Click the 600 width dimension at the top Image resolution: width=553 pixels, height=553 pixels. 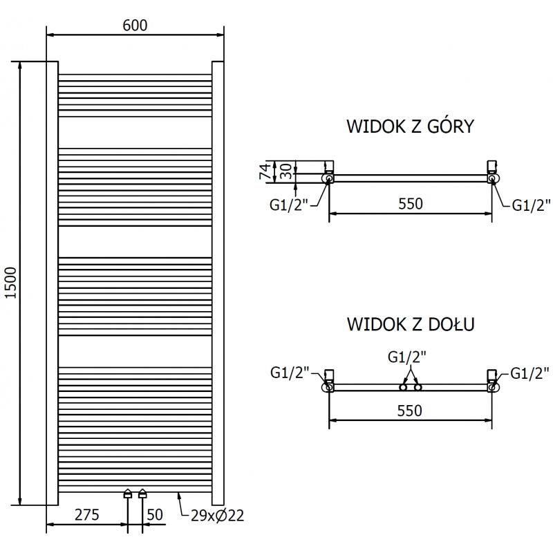click(x=135, y=25)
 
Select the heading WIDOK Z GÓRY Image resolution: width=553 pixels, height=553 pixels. click(x=410, y=126)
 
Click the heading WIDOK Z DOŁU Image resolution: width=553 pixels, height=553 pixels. click(x=410, y=324)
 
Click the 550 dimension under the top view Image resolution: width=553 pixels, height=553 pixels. click(x=409, y=203)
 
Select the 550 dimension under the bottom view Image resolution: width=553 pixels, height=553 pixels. click(x=409, y=410)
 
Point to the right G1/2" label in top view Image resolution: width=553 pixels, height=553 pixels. click(x=531, y=205)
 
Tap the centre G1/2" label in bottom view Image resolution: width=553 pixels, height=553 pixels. click(x=407, y=357)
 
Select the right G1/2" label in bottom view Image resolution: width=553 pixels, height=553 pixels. click(x=531, y=374)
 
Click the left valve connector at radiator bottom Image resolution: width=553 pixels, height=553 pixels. click(x=128, y=494)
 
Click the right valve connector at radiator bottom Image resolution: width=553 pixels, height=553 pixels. click(x=142, y=494)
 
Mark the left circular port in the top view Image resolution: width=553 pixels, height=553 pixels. click(x=328, y=178)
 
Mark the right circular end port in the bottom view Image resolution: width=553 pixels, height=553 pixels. click(x=491, y=388)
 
